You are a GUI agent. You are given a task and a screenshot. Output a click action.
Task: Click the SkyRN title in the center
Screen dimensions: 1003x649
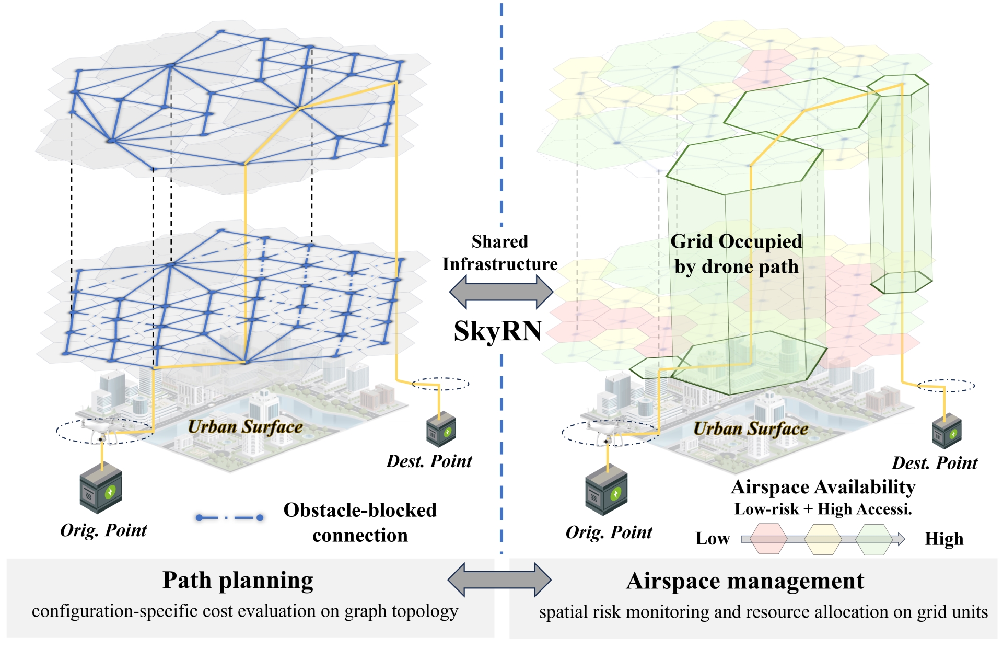tap(498, 331)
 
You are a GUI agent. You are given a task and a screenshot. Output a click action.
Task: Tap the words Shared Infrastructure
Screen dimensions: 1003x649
tap(500, 253)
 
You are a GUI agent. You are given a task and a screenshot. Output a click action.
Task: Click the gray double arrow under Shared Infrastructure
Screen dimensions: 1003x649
tap(501, 291)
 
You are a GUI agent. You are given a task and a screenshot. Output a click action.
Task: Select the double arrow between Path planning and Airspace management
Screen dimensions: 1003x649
tap(499, 580)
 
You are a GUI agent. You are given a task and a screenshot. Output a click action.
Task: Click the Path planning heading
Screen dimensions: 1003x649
tap(238, 581)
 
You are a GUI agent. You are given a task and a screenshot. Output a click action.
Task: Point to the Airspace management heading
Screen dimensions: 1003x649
tap(745, 581)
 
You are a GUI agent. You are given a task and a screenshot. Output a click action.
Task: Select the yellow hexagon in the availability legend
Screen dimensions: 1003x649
tap(823, 539)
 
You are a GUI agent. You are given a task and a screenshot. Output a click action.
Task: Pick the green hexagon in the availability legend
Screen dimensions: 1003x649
tap(874, 539)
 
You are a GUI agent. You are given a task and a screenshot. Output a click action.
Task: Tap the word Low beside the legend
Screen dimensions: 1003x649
tap(713, 539)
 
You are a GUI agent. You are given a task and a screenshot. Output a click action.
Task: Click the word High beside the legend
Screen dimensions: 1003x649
tap(944, 539)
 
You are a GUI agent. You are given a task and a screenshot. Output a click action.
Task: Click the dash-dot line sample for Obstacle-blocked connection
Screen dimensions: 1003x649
tap(229, 518)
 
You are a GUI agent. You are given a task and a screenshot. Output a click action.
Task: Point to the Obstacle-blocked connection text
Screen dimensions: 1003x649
tap(360, 523)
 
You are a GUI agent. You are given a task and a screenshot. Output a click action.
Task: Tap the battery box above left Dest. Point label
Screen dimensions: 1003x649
tap(441, 429)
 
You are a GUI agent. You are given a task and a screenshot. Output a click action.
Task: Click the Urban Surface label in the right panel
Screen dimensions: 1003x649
tap(751, 429)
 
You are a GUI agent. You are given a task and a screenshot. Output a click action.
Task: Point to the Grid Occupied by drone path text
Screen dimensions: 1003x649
tap(736, 254)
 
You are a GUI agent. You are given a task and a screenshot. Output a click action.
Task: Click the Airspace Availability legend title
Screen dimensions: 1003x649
tap(823, 487)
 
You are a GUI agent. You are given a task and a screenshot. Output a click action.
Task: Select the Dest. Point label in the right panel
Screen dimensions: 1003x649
tap(935, 463)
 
